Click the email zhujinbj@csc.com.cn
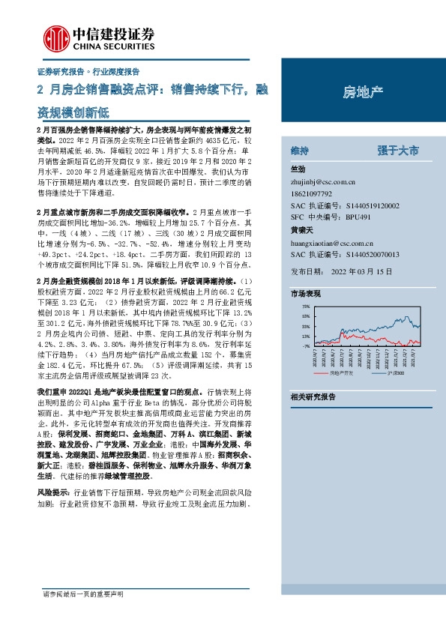click(323, 181)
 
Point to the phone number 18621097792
click(313, 193)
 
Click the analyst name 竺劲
click(298, 169)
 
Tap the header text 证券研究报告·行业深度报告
click(88, 72)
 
